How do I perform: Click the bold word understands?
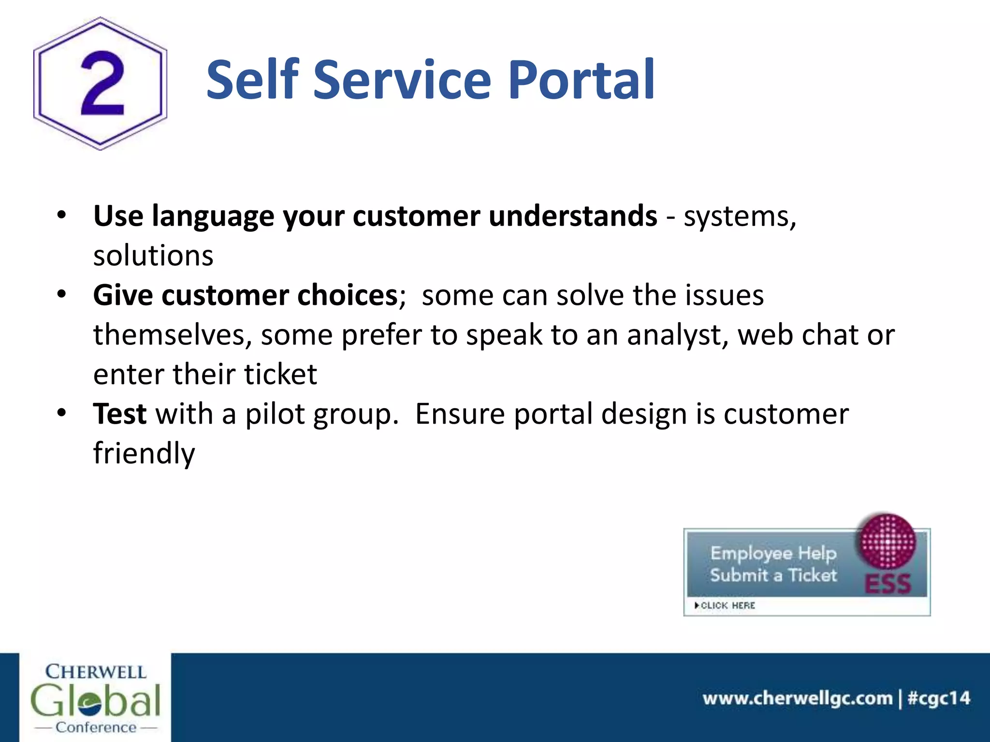point(572,215)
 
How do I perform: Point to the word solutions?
point(153,256)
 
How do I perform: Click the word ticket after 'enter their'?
point(280,374)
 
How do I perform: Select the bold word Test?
point(119,414)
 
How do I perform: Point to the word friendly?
point(144,454)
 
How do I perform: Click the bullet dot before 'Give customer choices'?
point(61,294)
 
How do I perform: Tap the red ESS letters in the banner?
point(888,584)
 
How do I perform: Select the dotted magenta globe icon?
point(886,541)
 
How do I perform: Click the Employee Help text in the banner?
point(773,553)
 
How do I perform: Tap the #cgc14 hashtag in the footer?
point(939,698)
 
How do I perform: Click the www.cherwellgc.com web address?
point(797,698)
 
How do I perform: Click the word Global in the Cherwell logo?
point(95,700)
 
